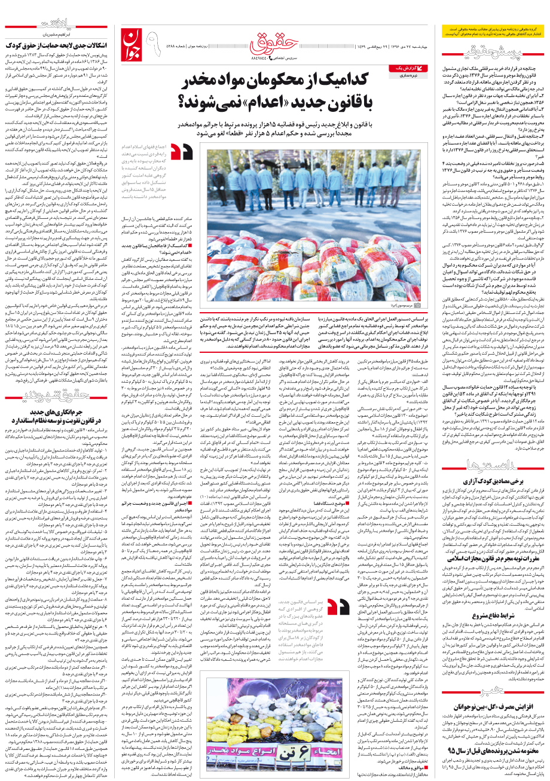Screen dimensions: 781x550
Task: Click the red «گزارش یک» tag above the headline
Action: pyautogui.click(x=405, y=69)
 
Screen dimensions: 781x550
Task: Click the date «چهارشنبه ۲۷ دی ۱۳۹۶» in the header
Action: pyautogui.click(x=412, y=45)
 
